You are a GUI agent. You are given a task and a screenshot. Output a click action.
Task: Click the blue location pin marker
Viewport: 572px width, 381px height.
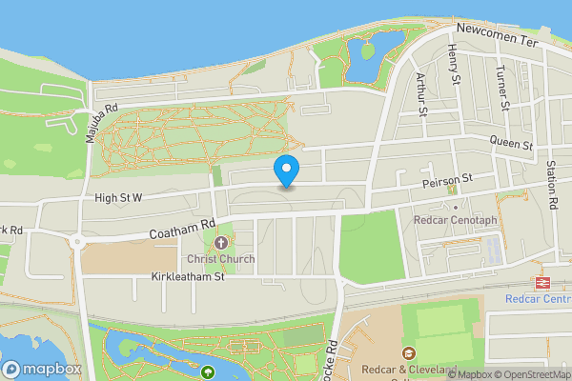pyautogui.click(x=287, y=171)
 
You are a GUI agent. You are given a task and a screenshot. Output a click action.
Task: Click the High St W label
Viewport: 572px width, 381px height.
pyautogui.click(x=118, y=198)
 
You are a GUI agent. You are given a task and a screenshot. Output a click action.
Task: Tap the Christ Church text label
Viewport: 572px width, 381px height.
pyautogui.click(x=220, y=259)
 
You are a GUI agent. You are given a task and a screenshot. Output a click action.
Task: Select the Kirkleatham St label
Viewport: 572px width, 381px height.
pyautogui.click(x=187, y=277)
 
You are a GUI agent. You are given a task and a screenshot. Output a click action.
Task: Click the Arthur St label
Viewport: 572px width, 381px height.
pyautogui.click(x=421, y=93)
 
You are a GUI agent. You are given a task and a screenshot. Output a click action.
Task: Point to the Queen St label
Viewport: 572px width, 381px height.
pyautogui.click(x=511, y=144)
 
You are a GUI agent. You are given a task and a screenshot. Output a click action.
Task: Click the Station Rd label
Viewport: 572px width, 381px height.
pyautogui.click(x=551, y=185)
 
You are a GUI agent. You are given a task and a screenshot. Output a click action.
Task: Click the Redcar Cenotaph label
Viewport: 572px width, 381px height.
pyautogui.click(x=456, y=220)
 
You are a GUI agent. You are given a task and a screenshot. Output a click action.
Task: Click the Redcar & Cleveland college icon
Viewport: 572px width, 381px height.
pyautogui.click(x=409, y=354)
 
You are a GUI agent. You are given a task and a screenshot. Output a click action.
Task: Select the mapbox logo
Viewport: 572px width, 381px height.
pyautogui.click(x=42, y=369)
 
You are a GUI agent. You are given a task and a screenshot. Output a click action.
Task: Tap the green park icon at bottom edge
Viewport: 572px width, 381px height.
pyautogui.click(x=208, y=371)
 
